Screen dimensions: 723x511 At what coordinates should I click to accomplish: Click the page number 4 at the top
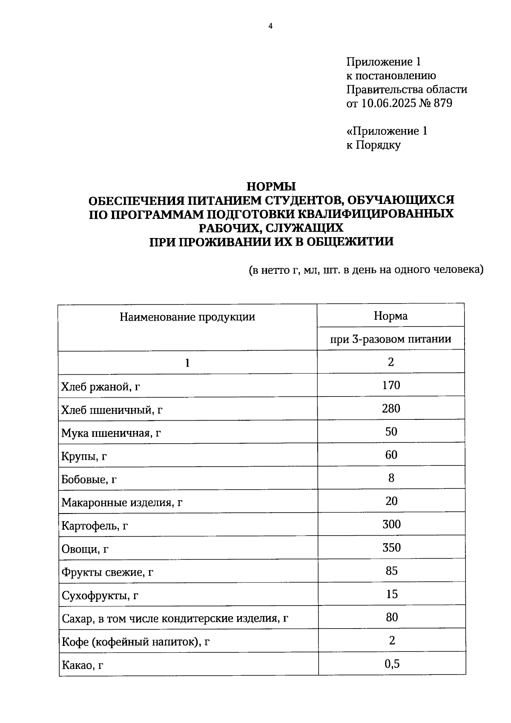click(270, 26)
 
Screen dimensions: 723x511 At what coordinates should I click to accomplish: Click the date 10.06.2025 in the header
click(388, 103)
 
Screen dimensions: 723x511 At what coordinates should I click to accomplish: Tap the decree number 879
click(443, 103)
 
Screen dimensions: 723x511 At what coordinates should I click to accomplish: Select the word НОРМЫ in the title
click(271, 186)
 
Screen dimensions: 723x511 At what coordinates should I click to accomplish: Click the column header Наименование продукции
click(187, 317)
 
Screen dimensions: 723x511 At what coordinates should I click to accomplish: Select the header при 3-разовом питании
click(390, 339)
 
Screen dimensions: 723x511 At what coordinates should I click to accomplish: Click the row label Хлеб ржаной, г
click(101, 387)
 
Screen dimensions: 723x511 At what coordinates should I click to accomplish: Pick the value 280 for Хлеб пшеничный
click(390, 408)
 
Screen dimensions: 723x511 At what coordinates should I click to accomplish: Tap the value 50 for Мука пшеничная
click(390, 432)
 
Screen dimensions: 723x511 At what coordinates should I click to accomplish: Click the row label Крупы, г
click(84, 456)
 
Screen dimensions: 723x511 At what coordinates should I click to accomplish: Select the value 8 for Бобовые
click(391, 478)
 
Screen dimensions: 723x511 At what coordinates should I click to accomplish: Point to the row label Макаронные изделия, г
click(122, 503)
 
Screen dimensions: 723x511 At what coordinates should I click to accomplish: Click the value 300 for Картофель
click(391, 524)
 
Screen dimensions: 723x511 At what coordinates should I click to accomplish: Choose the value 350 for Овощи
click(391, 548)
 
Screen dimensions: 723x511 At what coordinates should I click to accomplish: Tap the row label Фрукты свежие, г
click(107, 572)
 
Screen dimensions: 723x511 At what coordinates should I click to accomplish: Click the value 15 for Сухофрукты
click(391, 594)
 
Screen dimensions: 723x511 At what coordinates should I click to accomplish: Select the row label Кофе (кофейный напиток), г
click(135, 642)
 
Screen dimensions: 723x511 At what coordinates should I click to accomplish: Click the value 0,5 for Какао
click(391, 663)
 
